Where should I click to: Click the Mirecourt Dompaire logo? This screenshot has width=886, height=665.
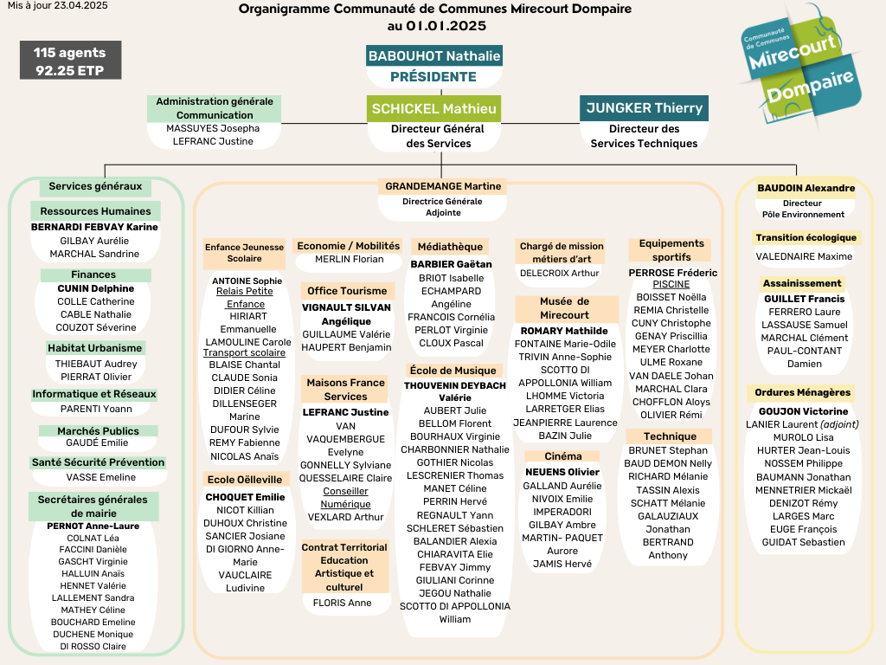(x=801, y=65)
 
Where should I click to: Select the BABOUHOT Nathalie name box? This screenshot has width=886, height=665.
(x=434, y=56)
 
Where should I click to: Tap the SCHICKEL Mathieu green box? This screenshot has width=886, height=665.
(x=434, y=108)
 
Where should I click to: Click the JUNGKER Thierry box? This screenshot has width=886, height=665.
(x=644, y=108)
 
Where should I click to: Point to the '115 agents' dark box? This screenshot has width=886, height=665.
(x=71, y=61)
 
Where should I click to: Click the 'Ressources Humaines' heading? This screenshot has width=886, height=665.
(x=95, y=211)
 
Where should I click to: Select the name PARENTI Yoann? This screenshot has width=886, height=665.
(x=96, y=409)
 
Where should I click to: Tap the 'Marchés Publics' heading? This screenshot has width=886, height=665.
(x=98, y=431)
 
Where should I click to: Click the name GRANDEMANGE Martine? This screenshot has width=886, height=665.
(x=443, y=186)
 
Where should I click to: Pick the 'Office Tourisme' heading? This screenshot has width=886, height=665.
(x=347, y=291)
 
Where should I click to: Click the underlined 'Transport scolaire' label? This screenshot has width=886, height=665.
(x=244, y=352)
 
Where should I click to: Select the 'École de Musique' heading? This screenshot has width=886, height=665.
(x=453, y=371)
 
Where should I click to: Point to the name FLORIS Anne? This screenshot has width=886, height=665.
(x=343, y=603)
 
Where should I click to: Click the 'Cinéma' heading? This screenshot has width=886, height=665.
(x=563, y=456)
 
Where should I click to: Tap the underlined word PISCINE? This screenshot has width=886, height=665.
(x=671, y=284)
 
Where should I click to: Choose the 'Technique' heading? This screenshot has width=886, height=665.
(x=671, y=436)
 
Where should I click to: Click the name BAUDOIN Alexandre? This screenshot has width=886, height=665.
(x=806, y=188)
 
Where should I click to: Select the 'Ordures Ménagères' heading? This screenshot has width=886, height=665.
(x=802, y=392)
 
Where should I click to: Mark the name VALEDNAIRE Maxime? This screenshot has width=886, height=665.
(x=804, y=256)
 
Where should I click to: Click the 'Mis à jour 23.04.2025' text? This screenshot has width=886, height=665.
(x=58, y=6)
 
